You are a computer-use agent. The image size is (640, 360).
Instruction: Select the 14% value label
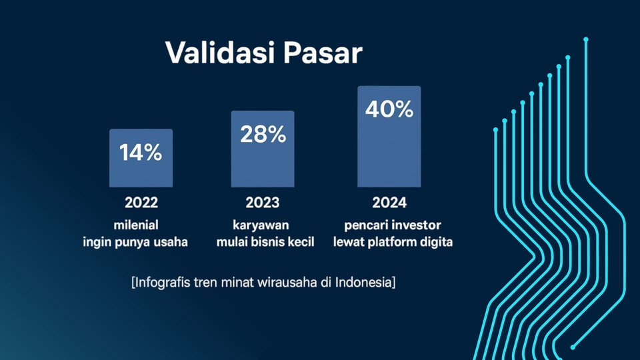pyautogui.click(x=141, y=153)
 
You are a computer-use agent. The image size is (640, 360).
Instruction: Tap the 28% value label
pyautogui.click(x=263, y=134)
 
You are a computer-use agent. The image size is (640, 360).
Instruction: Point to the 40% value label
pyautogui.click(x=389, y=109)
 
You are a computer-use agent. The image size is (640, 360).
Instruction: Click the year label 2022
pyautogui.click(x=141, y=203)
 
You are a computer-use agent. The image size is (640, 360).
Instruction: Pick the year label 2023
pyautogui.click(x=263, y=203)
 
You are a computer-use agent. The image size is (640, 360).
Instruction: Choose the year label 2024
pyautogui.click(x=389, y=203)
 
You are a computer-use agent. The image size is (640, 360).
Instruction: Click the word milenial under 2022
pyautogui.click(x=136, y=225)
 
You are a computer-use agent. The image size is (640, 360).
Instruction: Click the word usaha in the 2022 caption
pyautogui.click(x=171, y=242)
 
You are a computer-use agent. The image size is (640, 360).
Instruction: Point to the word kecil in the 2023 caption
pyautogui.click(x=301, y=242)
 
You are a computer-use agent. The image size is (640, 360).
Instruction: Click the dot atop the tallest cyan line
pyautogui.click(x=586, y=39)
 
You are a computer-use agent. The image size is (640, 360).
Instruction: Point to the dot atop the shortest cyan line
pyautogui.click(x=495, y=130)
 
